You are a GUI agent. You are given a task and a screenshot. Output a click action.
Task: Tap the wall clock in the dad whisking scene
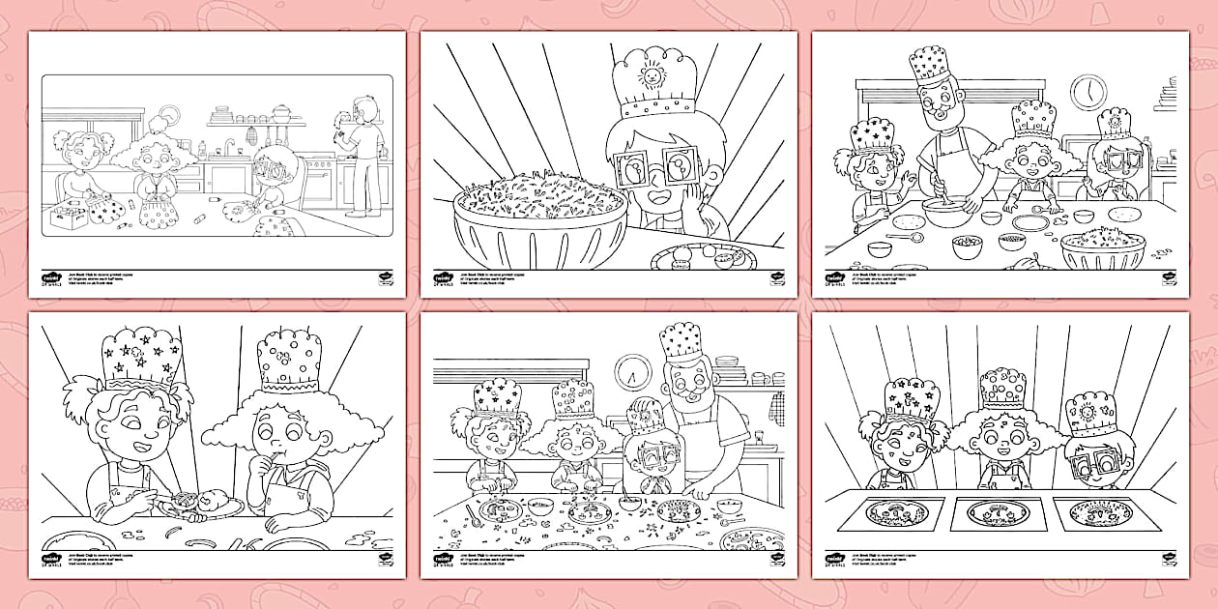[1088, 92]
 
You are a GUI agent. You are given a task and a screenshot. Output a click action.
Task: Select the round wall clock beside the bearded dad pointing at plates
[634, 370]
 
